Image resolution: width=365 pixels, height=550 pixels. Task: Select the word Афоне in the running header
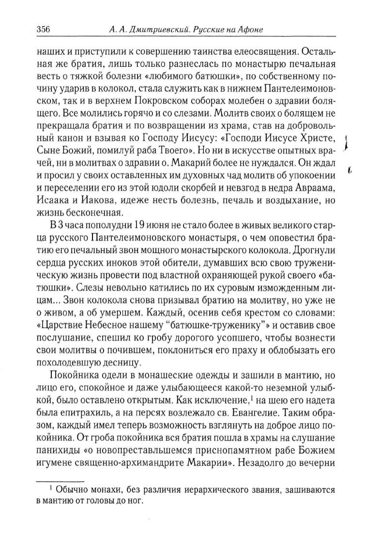coord(250,30)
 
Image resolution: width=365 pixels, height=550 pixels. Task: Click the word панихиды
coord(57,420)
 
